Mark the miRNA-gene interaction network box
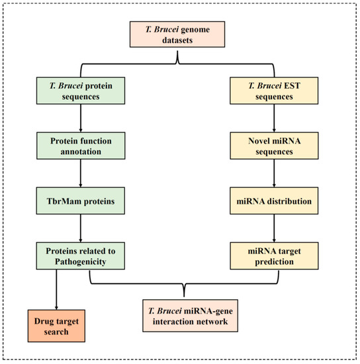[180, 316]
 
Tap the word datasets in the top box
[180, 44]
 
